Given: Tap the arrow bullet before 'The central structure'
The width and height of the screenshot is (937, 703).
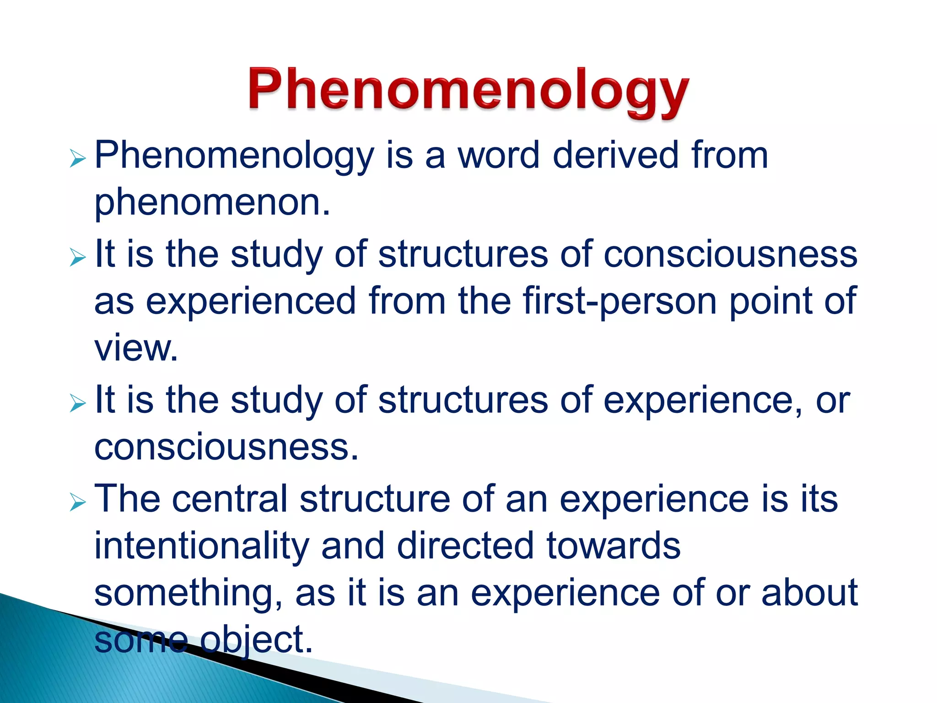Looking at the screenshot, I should point(78,503).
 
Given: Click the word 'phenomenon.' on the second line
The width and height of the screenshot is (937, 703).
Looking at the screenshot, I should point(212,202).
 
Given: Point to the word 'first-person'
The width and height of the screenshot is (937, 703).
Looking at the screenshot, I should point(619,301).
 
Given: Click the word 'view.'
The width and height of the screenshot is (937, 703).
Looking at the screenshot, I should point(136,348).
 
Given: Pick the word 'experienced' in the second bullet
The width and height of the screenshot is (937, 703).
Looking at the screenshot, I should point(251,301).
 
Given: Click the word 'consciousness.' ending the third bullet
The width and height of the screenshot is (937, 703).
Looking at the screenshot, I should point(226,447).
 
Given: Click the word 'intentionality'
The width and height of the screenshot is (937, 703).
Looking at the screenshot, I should point(202,546).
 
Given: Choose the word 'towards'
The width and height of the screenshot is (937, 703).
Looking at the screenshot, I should point(613,546).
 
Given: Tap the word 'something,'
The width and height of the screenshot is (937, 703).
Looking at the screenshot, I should point(188,594).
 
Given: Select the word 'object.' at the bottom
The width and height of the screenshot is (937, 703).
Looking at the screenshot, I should point(256,640).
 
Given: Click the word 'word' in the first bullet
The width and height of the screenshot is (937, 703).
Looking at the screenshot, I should point(499,156).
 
